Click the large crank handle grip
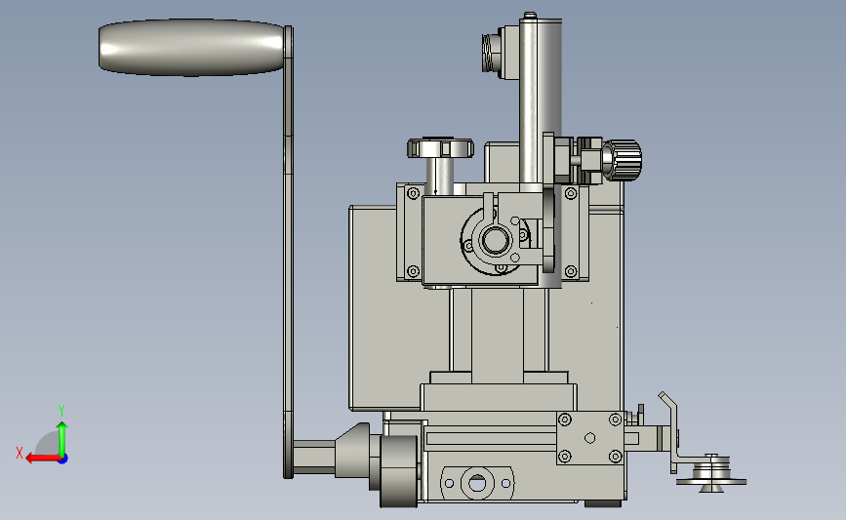point(191,48)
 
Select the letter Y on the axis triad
point(60,411)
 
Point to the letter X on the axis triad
point(20,453)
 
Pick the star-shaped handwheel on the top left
point(440,148)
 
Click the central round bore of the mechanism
point(495,240)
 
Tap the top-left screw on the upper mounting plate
point(414,193)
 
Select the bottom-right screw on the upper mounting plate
point(570,271)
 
